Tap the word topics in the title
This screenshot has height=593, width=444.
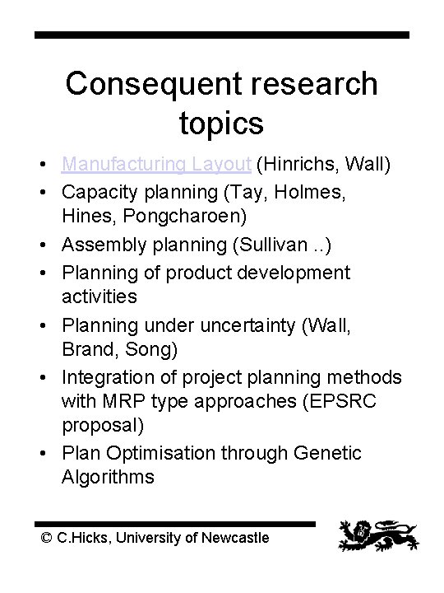[220, 123]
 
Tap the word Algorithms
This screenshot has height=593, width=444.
[108, 477]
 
